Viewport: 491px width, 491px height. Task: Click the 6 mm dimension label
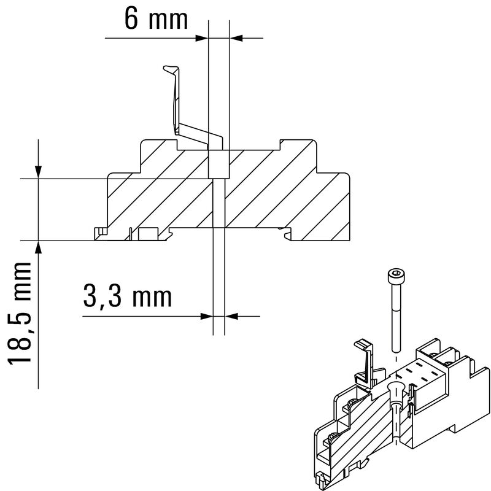(155, 19)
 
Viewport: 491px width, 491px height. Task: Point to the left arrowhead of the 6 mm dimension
(202, 38)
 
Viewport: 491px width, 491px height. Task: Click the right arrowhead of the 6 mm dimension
(237, 38)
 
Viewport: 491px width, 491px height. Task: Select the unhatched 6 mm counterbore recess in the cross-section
(219, 163)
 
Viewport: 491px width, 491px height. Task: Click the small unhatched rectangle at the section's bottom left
(147, 234)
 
